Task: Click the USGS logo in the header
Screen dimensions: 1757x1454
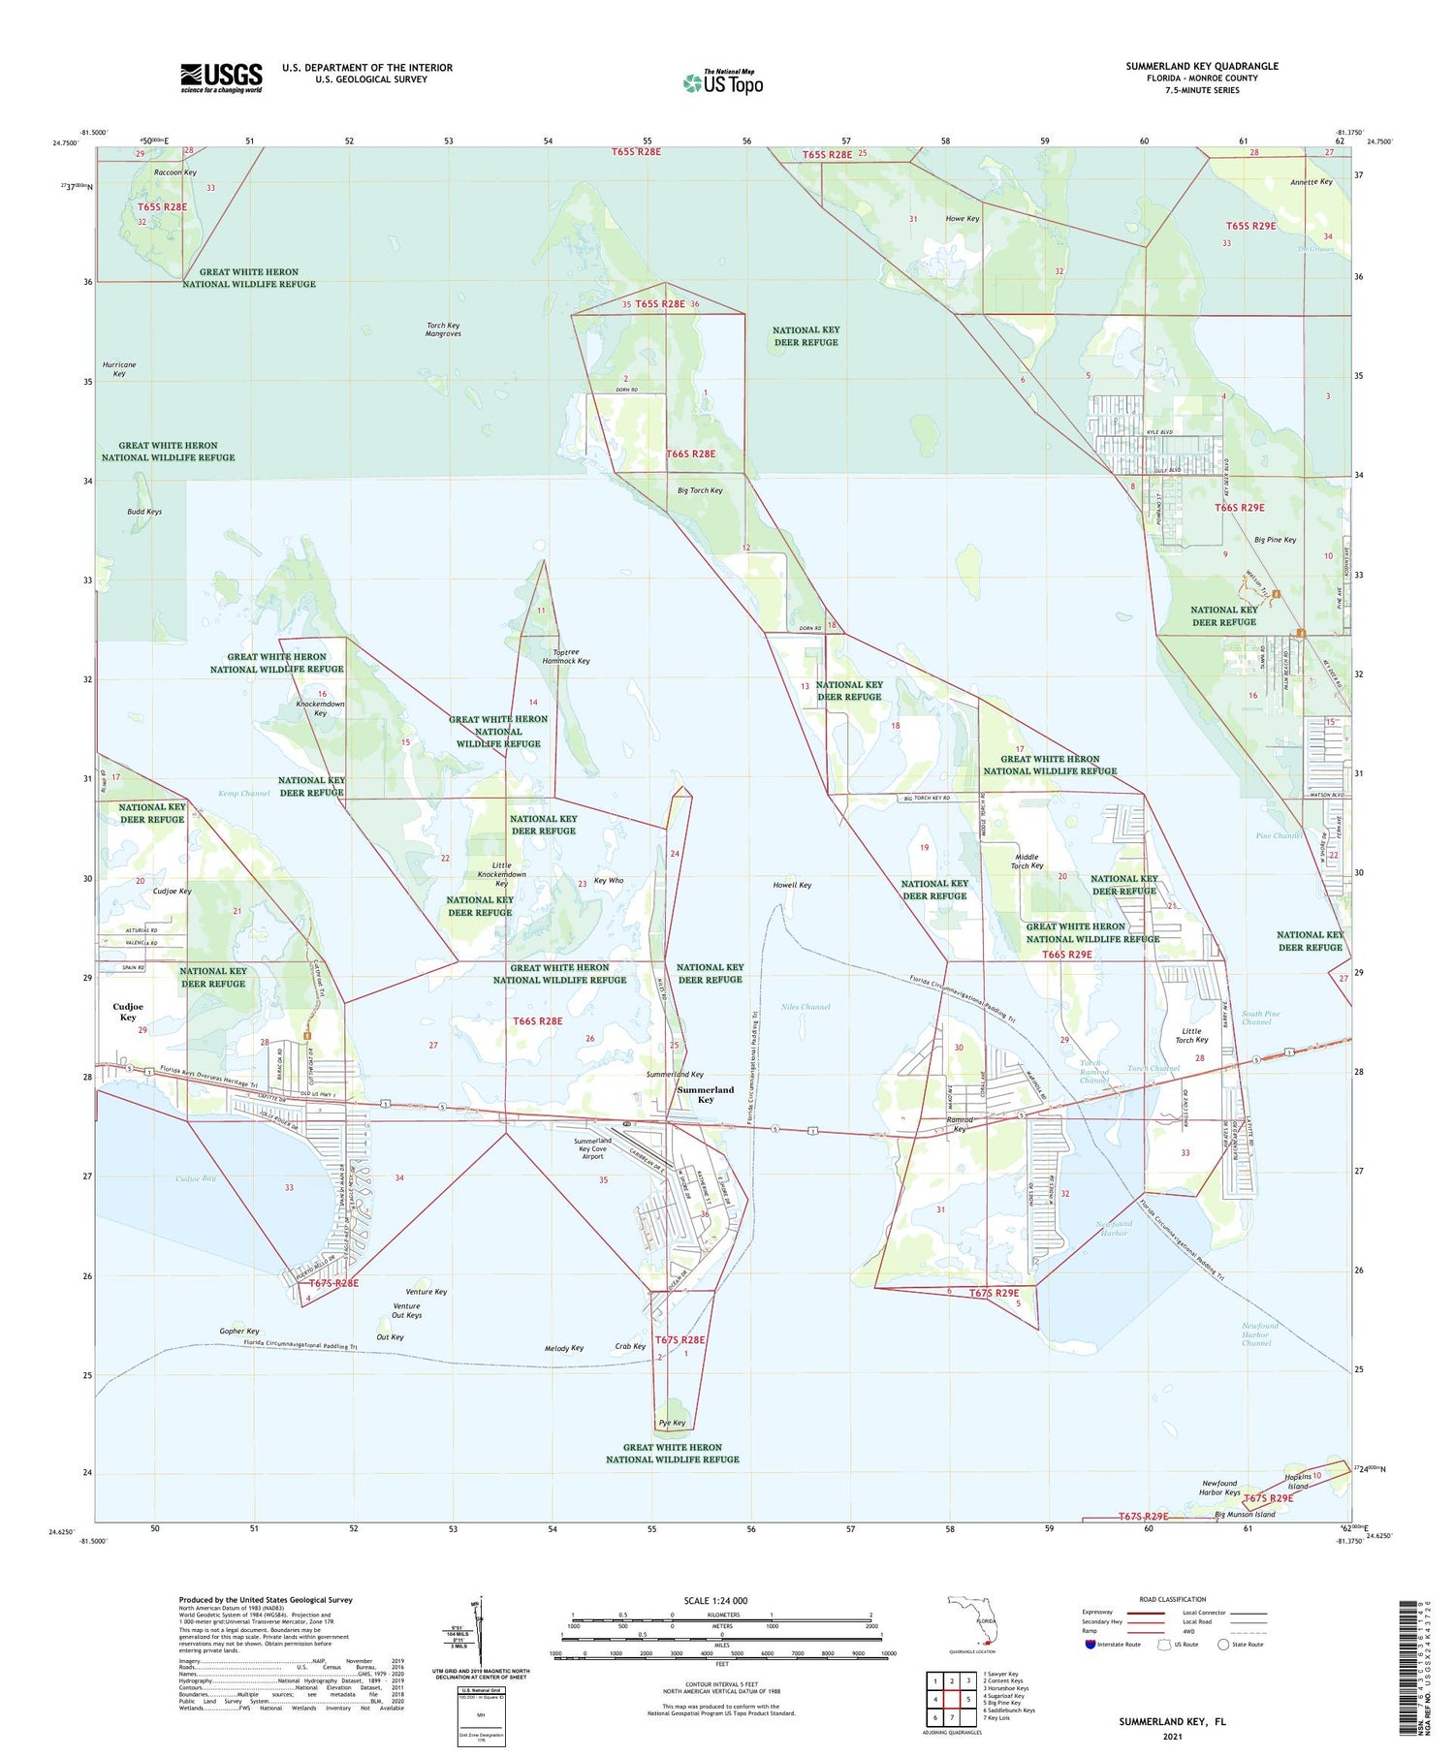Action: [221, 78]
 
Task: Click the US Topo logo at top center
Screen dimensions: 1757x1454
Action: [723, 83]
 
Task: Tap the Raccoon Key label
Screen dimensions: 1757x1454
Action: [175, 173]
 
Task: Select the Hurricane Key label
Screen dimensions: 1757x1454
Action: [119, 369]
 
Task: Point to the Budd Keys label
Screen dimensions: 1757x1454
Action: [144, 512]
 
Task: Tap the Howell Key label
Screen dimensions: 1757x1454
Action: [792, 885]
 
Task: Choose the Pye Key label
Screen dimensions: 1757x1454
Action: [672, 1423]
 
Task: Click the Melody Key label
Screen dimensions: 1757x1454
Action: [564, 1348]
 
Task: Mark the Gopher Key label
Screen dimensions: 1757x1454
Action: [239, 1331]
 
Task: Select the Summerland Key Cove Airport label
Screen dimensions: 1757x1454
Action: [592, 1148]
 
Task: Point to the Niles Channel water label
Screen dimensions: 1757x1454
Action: [806, 1007]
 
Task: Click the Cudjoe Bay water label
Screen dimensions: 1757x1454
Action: [196, 1178]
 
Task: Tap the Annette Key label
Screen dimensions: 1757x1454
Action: [1312, 182]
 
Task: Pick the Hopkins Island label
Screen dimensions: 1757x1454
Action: [1298, 1481]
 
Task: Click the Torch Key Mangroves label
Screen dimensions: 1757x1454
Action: [443, 329]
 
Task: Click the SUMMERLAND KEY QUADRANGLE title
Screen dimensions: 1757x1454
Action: [1202, 66]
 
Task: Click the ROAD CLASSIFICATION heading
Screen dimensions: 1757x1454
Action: [1173, 1599]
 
